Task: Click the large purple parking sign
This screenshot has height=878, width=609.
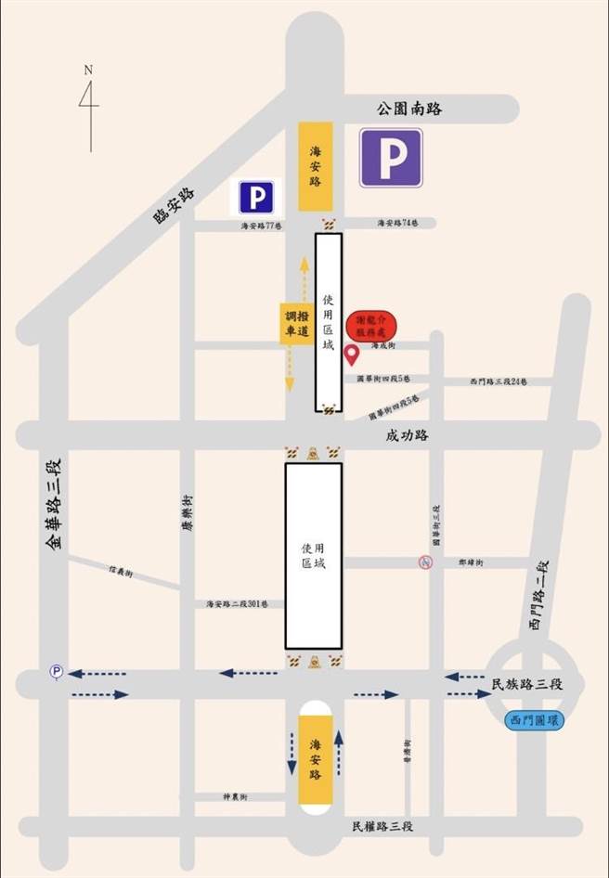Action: (x=391, y=158)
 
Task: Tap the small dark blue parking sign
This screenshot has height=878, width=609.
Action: (x=256, y=198)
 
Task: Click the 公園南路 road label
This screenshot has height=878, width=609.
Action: (x=409, y=109)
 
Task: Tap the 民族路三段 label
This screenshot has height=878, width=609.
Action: (x=526, y=685)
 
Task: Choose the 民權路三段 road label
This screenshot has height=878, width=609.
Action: (x=382, y=826)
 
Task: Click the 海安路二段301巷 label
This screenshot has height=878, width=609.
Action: (x=237, y=603)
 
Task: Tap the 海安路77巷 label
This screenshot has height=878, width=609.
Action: (x=262, y=226)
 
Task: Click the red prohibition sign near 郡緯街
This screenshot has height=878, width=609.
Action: (x=424, y=562)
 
